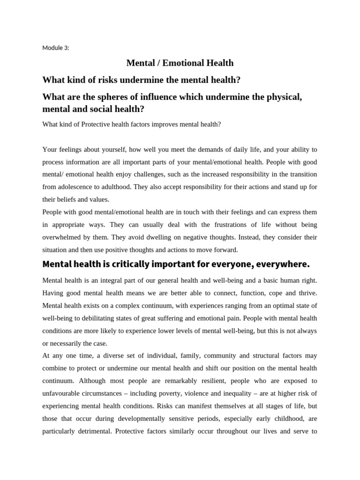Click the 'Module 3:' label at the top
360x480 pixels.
(55, 48)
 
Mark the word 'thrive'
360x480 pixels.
(307, 293)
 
